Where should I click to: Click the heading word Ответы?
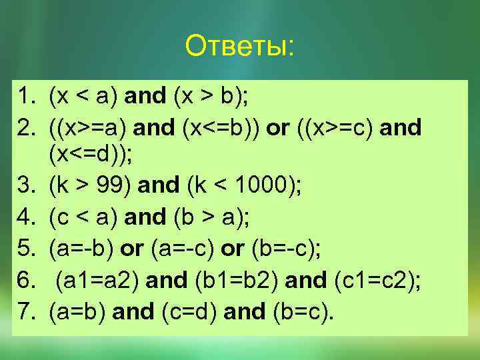(239, 47)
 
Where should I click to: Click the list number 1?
(26, 97)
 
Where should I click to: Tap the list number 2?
(26, 127)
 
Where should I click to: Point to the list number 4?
(26, 217)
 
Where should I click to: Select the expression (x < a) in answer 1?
(84, 97)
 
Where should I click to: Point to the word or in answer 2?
(278, 127)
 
